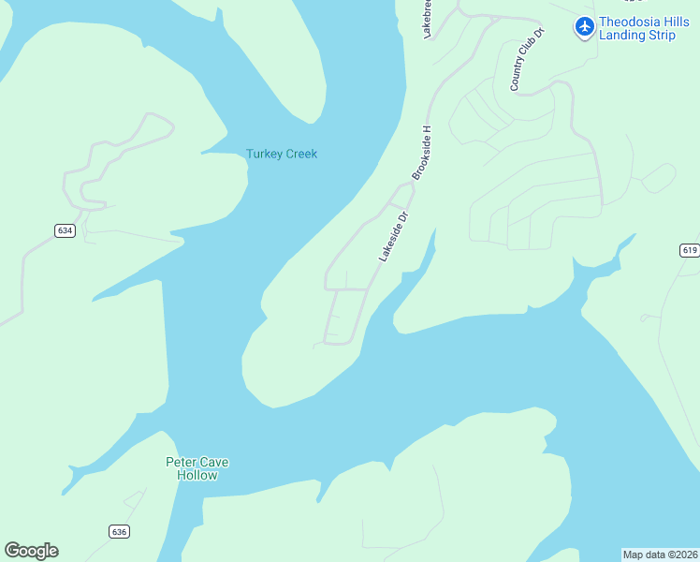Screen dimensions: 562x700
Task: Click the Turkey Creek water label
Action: tap(281, 154)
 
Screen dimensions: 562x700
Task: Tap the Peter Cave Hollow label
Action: tap(197, 468)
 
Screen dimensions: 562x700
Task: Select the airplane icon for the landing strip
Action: tap(585, 25)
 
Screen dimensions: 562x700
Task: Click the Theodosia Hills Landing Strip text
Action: tap(643, 29)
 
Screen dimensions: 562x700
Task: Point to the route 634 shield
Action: tap(64, 230)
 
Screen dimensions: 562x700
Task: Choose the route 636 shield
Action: tap(118, 531)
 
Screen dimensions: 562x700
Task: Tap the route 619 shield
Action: tap(690, 250)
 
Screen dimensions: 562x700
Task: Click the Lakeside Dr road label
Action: tap(394, 236)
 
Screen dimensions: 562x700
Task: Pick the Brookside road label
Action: tap(422, 152)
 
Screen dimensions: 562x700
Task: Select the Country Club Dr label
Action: tap(527, 60)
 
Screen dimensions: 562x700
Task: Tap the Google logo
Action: tap(31, 550)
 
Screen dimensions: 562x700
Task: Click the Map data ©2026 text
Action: tap(660, 554)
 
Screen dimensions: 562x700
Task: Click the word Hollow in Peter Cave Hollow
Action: tap(197, 475)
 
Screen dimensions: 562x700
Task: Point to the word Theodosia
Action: tap(631, 22)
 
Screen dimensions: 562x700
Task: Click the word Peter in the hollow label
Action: tap(181, 462)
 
